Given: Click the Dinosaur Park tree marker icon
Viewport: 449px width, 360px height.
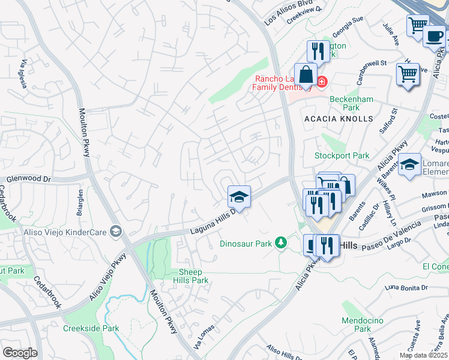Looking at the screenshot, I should [280, 242].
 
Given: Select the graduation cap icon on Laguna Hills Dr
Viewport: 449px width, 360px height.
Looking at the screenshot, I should [238, 197].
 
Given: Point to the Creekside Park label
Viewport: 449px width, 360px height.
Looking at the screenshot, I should [91, 328].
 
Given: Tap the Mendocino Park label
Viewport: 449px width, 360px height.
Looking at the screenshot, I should [362, 325].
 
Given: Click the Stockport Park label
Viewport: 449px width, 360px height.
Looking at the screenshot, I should [342, 155].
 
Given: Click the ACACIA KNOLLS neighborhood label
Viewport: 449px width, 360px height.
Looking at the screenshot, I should [338, 119].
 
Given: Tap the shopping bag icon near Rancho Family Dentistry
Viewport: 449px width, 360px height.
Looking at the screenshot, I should [306, 76].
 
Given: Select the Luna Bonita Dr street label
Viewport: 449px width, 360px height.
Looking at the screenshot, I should [407, 287].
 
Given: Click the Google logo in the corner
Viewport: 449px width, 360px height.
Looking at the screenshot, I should [20, 353].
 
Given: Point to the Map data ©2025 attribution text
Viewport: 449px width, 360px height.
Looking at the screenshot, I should [423, 355].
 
